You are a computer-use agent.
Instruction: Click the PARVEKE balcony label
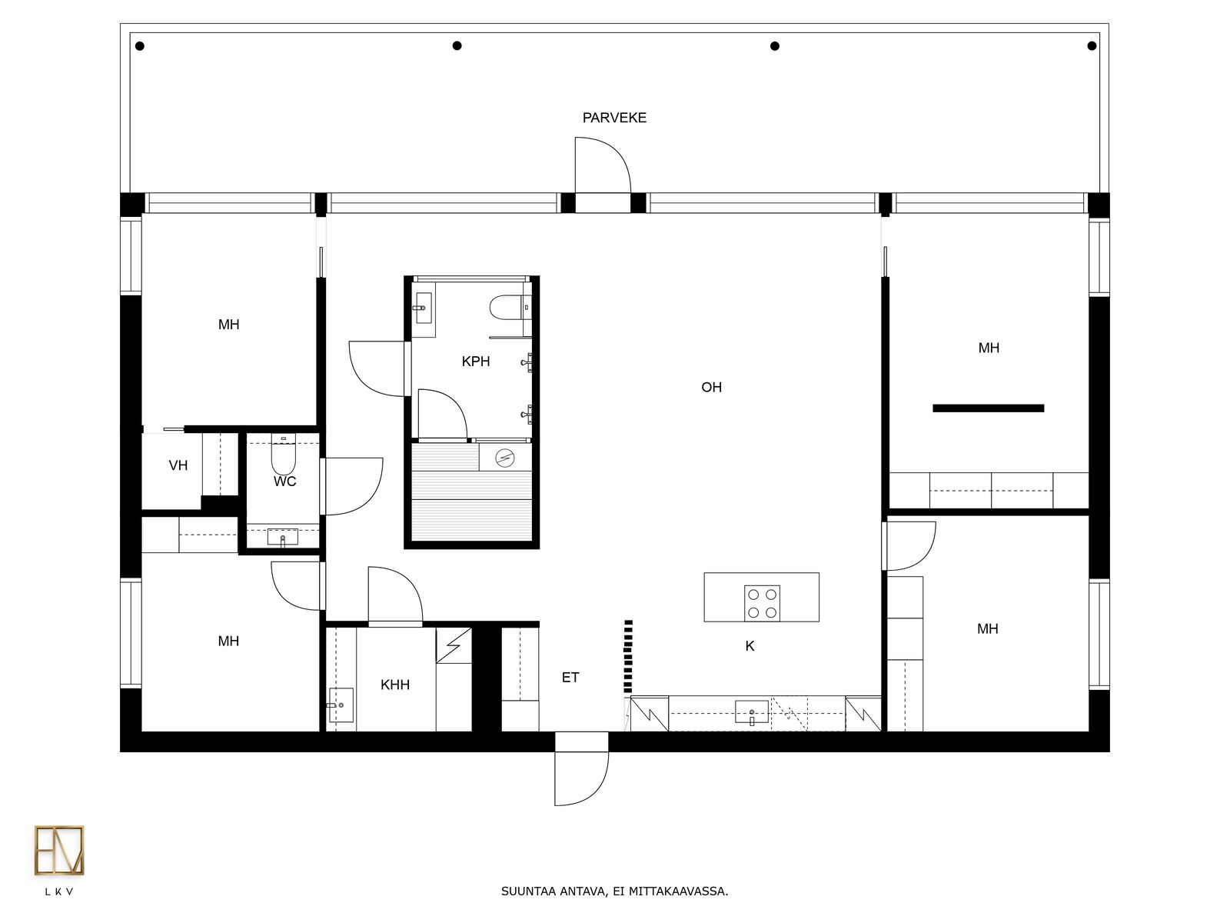(x=614, y=118)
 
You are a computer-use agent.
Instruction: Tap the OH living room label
(x=711, y=387)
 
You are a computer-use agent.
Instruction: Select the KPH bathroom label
(x=476, y=362)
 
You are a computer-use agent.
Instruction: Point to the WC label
(x=284, y=481)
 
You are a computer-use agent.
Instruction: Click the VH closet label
(x=178, y=465)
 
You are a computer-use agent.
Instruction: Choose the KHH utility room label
(x=395, y=685)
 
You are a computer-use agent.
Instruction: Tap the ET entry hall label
(x=570, y=678)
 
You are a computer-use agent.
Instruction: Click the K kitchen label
(x=750, y=646)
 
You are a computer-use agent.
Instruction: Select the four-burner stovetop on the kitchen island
(x=762, y=603)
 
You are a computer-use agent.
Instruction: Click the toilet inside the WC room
(x=284, y=455)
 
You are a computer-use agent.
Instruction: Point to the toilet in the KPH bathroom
(x=510, y=307)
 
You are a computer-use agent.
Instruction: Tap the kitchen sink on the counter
(x=752, y=713)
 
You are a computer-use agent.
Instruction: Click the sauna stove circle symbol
(x=505, y=458)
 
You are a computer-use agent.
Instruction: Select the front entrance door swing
(x=582, y=778)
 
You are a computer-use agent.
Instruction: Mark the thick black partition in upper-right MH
(x=988, y=408)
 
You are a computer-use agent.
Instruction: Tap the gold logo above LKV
(x=59, y=850)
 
